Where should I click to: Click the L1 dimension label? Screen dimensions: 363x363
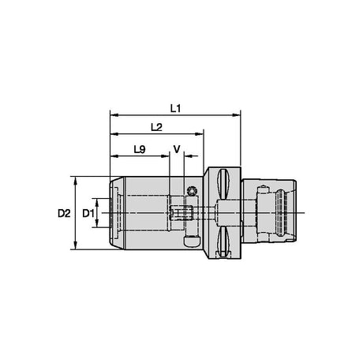[x=175, y=108]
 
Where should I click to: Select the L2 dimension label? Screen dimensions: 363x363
[x=156, y=127]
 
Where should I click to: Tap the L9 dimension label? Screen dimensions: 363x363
[x=140, y=149]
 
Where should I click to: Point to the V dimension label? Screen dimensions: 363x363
[x=177, y=149]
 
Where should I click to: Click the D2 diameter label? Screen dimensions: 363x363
[x=64, y=213]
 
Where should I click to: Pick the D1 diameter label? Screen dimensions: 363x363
[x=88, y=213]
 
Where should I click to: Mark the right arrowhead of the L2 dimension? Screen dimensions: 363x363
[x=199, y=134]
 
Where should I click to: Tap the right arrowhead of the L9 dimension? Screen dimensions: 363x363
[x=165, y=156]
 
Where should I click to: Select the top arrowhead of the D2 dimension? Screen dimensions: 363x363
[x=76, y=181]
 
